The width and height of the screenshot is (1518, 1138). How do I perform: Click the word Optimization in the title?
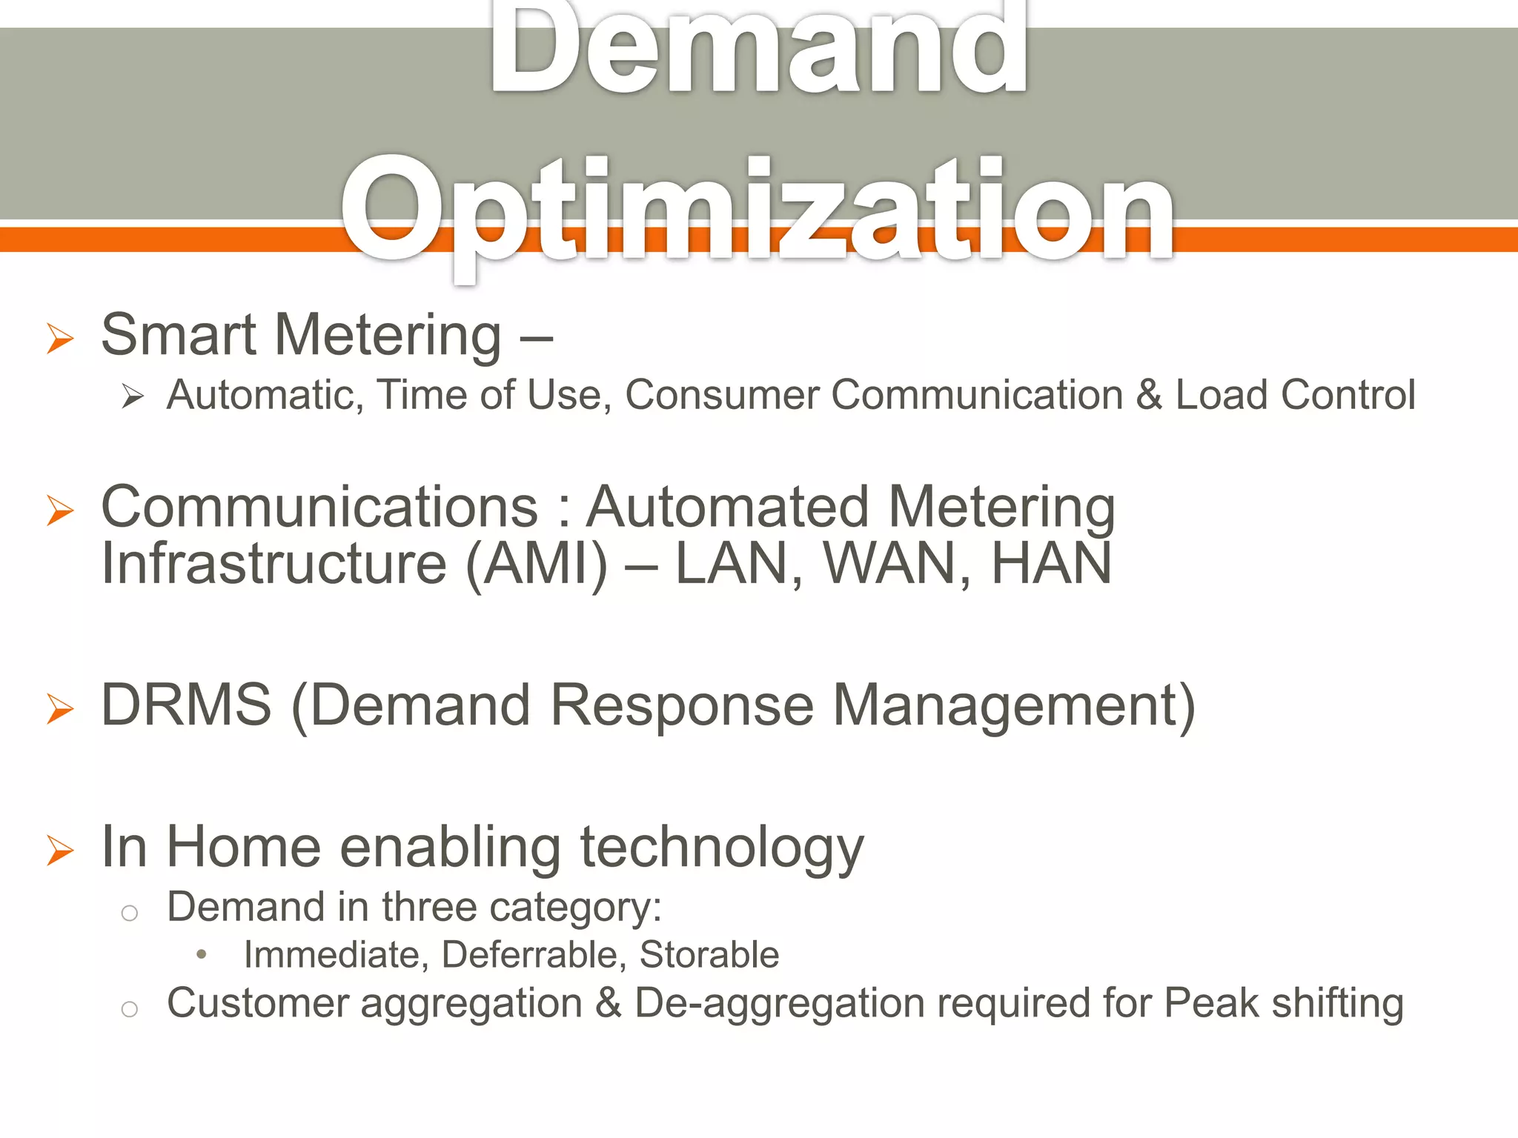[758, 211]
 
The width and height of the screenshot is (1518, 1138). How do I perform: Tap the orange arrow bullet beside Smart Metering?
[60, 339]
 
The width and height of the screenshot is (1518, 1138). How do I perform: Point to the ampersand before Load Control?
[1148, 395]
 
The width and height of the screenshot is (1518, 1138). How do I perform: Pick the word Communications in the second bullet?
[319, 508]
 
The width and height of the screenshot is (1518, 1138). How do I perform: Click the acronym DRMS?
[186, 705]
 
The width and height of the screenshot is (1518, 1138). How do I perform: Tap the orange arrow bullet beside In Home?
[60, 850]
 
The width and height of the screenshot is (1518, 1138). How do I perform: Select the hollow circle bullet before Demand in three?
[130, 913]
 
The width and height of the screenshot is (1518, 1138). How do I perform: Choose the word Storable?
[709, 955]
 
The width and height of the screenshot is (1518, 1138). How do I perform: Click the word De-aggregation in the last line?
[778, 1005]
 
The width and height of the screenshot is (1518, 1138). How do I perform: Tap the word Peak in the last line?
[1210, 1003]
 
